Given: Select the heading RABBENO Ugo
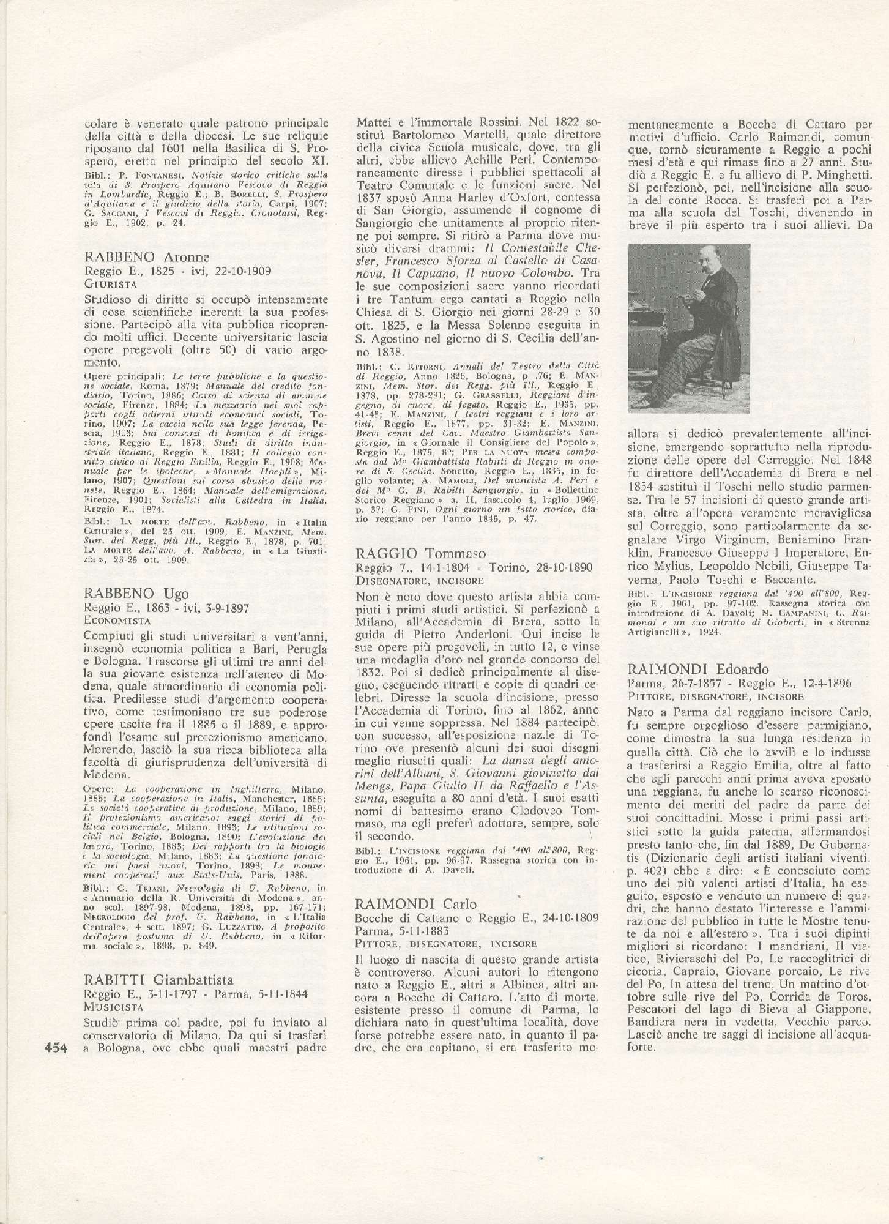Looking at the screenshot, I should (x=136, y=593).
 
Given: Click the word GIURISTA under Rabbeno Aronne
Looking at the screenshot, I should (x=110, y=284).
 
